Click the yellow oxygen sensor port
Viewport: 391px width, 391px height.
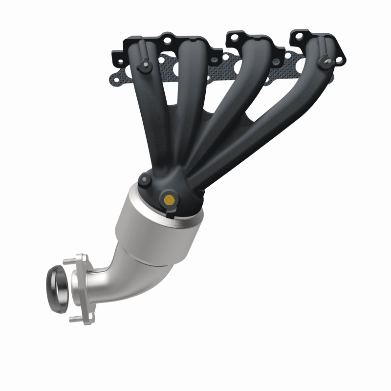click(169, 199)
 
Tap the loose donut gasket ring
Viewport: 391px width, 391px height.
click(57, 287)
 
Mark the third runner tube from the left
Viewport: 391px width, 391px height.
click(230, 108)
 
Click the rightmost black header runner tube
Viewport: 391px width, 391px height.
click(274, 112)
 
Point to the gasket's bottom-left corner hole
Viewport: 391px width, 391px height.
click(115, 76)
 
